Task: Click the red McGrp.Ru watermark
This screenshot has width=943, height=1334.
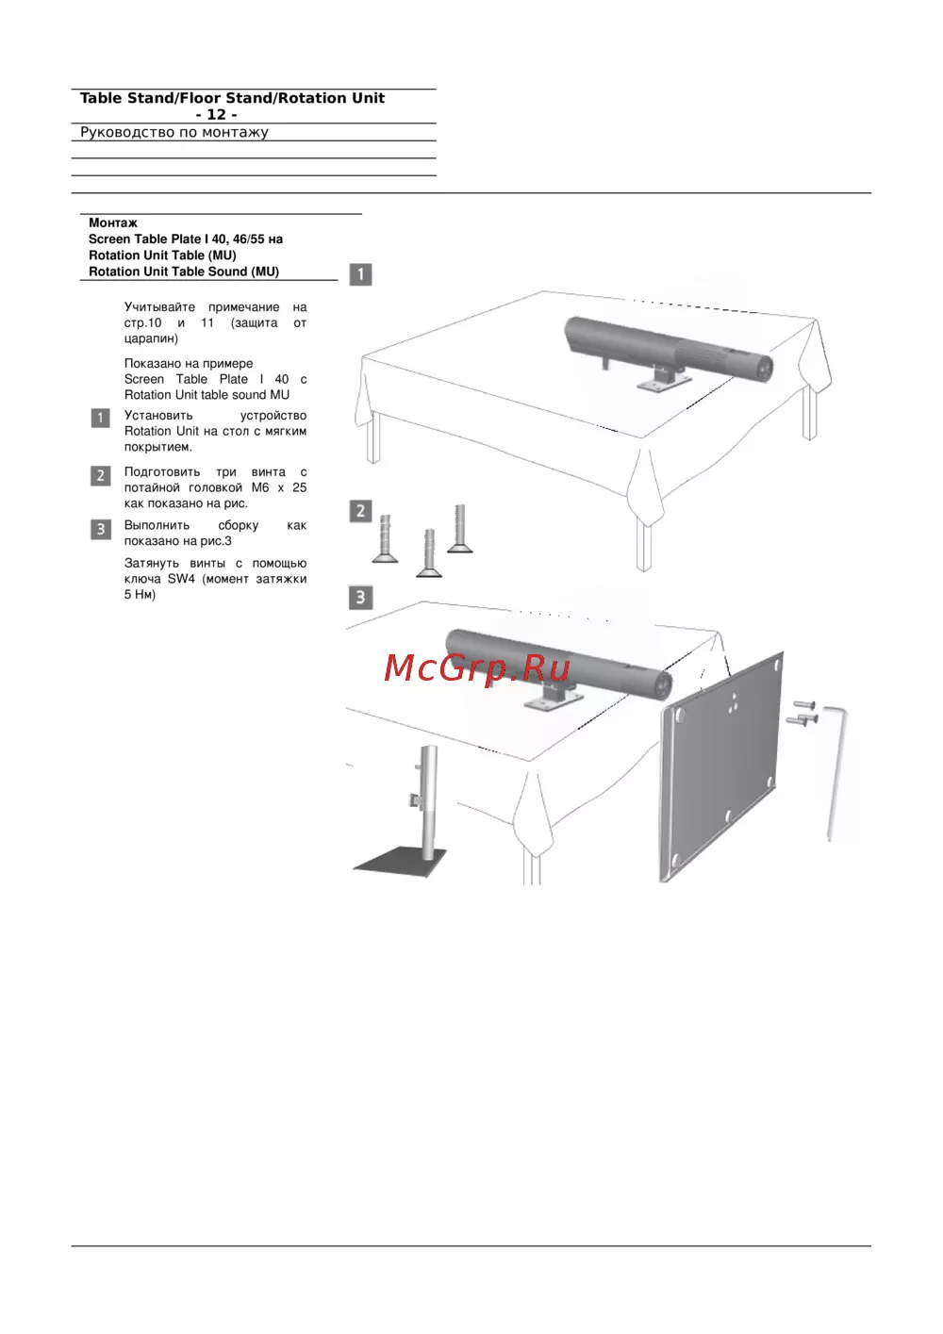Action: coord(476,668)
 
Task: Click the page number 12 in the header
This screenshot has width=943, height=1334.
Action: coord(216,114)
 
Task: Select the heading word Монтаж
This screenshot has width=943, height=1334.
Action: coord(113,222)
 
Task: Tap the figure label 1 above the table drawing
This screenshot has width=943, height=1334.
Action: coord(360,274)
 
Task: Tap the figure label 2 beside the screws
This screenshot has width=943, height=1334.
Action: coord(360,511)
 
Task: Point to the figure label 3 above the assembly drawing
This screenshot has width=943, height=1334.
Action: coord(360,598)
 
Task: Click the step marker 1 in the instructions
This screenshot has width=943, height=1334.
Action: coord(101,418)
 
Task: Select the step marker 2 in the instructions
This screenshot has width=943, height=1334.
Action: coord(101,476)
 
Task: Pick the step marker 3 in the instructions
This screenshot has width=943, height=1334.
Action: coord(101,530)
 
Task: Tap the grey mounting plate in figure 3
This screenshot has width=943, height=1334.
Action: coord(720,768)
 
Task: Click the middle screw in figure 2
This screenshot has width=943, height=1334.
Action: coord(429,552)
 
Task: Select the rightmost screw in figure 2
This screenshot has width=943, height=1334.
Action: coord(460,529)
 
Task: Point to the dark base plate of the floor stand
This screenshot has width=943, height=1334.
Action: coord(399,861)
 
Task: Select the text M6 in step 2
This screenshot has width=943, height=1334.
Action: coord(260,487)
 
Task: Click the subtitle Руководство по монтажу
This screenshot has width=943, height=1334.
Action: coord(174,132)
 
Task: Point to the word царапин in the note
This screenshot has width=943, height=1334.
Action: coord(151,338)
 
